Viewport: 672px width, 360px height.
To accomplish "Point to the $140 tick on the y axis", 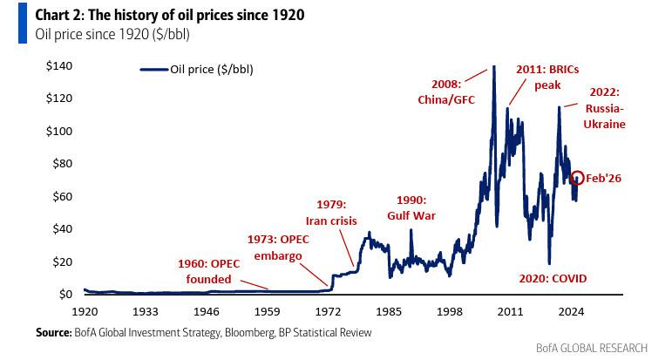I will pyautogui.click(x=59, y=66).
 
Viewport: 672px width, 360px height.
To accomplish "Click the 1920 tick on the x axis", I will pyautogui.click(x=85, y=310).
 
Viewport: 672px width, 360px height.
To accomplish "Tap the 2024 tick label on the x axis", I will pyautogui.click(x=570, y=310).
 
